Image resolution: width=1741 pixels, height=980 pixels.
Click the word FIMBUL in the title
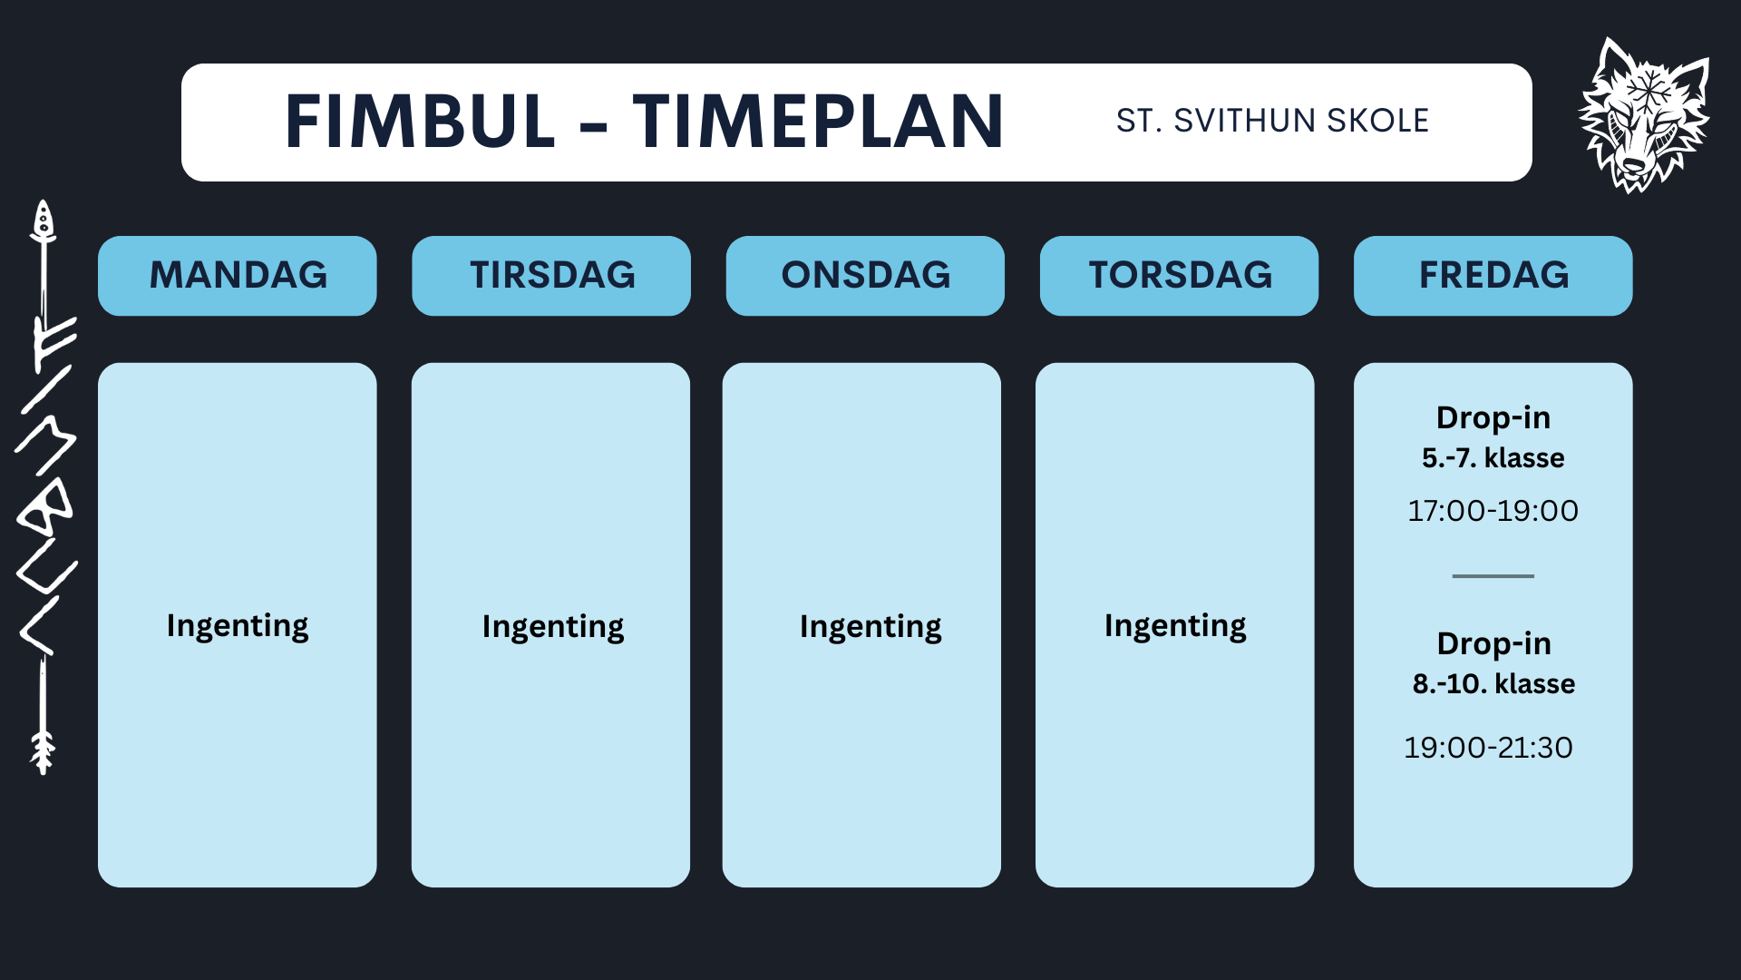pyautogui.click(x=420, y=122)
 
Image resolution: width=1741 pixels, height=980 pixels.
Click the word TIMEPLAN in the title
pyautogui.click(x=818, y=122)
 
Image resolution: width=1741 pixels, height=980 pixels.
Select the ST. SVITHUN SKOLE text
pyautogui.click(x=1272, y=121)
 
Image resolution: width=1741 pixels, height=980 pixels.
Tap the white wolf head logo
pyautogui.click(x=1643, y=115)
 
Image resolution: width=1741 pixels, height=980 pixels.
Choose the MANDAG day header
pyautogui.click(x=238, y=275)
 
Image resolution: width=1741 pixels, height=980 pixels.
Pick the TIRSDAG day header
pyautogui.click(x=551, y=275)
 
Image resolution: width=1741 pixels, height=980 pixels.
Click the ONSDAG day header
pyautogui.click(x=865, y=275)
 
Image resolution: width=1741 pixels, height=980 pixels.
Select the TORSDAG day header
pyautogui.click(x=1180, y=275)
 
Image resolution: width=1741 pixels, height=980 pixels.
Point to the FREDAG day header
pyautogui.click(x=1493, y=275)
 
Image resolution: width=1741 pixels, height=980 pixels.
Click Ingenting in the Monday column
pyautogui.click(x=238, y=626)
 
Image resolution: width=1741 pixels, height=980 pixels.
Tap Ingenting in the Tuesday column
pyautogui.click(x=552, y=627)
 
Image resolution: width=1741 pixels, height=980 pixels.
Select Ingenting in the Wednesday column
pyautogui.click(x=870, y=627)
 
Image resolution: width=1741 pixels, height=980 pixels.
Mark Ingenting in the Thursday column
pyautogui.click(x=1175, y=626)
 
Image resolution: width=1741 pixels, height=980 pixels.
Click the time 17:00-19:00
pyautogui.click(x=1493, y=511)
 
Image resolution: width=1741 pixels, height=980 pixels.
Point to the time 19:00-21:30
pyautogui.click(x=1488, y=748)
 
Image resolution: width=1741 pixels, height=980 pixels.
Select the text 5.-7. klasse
pyautogui.click(x=1493, y=458)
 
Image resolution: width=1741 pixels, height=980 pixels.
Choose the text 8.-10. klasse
pyautogui.click(x=1493, y=683)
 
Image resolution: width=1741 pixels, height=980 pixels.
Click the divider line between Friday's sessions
pyautogui.click(x=1493, y=576)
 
